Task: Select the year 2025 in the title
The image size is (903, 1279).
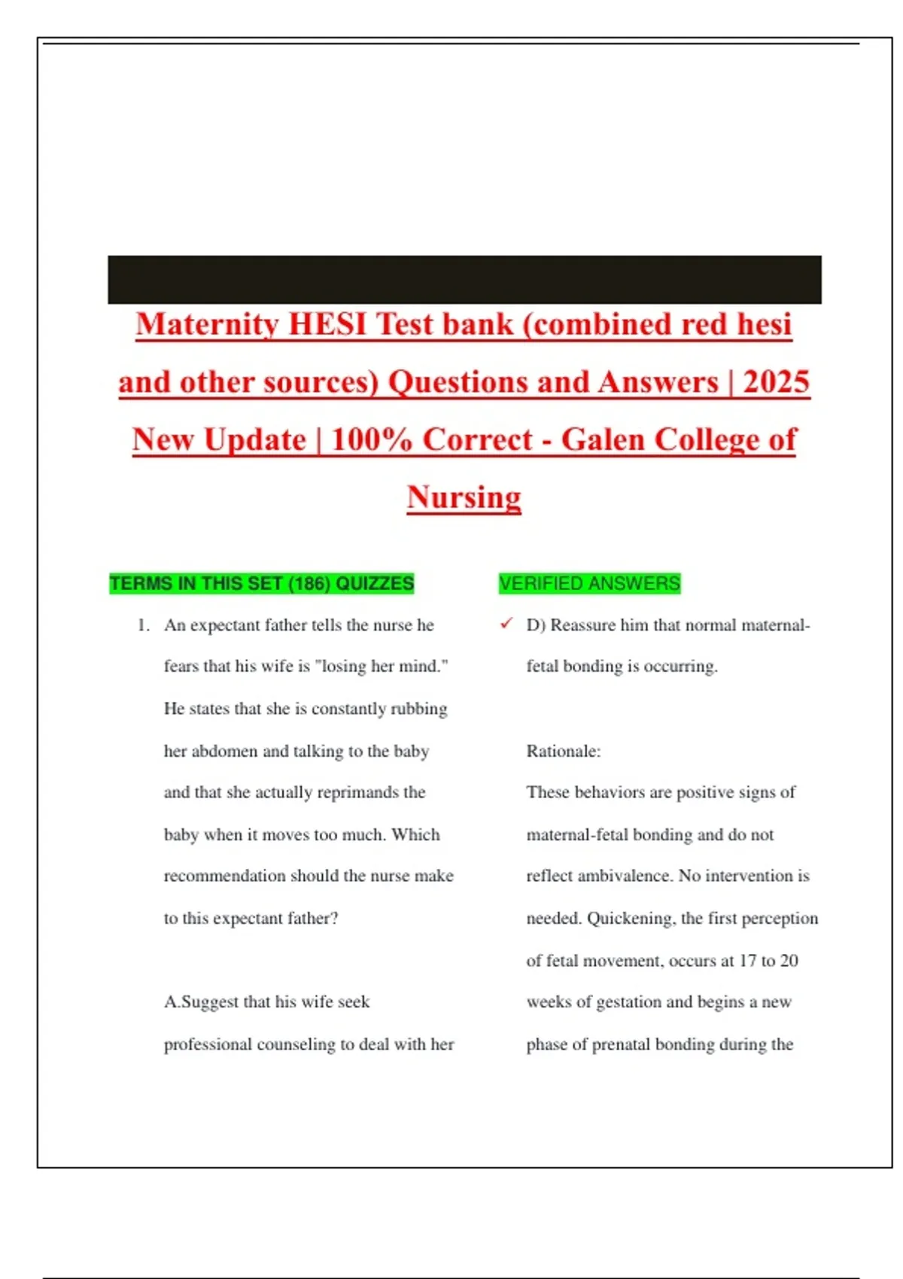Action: tap(776, 382)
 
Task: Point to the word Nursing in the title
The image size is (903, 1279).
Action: tap(464, 497)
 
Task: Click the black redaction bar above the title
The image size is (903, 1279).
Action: tap(464, 279)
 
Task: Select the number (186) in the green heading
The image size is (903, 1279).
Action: tap(309, 584)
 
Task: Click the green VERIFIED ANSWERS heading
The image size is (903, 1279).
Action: tap(589, 584)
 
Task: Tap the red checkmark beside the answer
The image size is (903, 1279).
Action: tap(506, 624)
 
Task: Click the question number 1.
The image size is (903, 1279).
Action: tap(143, 625)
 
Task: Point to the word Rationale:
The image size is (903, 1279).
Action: tap(564, 751)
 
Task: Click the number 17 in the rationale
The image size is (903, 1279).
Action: tap(747, 961)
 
